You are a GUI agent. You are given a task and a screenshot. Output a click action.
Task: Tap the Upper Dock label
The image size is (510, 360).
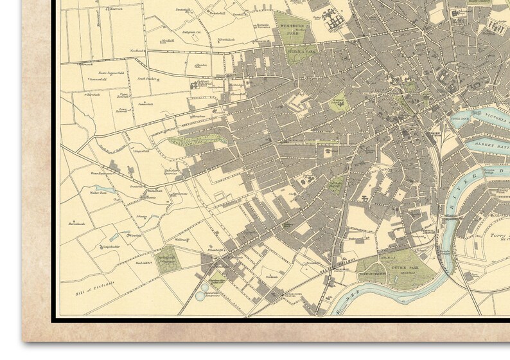461,119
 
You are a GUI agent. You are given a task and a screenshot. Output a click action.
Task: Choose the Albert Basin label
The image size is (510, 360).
491,146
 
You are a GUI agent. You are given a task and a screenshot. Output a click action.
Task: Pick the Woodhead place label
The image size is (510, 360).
137,51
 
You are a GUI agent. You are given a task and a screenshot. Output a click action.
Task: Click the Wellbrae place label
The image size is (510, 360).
180,239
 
